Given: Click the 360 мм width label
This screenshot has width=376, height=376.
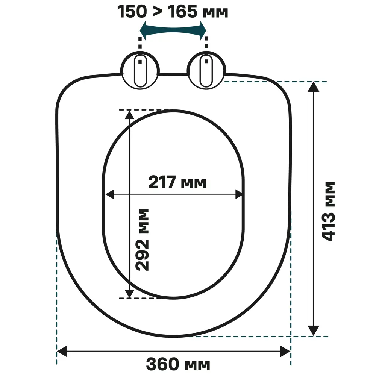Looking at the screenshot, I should (x=178, y=364).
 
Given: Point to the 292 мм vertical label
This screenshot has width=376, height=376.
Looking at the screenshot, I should (x=143, y=239).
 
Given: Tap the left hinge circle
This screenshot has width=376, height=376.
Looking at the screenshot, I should (x=140, y=70).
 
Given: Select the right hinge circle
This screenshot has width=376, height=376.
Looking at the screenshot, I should (x=206, y=70).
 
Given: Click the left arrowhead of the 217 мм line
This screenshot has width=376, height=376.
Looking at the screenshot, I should (x=109, y=194).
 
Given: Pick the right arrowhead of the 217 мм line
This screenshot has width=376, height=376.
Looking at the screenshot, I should (x=239, y=194).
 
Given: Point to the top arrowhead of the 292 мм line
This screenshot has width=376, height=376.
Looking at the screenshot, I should (x=129, y=115).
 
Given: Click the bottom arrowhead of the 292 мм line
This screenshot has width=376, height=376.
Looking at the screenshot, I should (x=129, y=293).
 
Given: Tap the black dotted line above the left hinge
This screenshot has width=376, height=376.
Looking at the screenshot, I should (x=140, y=43).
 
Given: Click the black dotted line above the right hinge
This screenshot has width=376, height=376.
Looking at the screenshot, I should (x=206, y=43).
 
